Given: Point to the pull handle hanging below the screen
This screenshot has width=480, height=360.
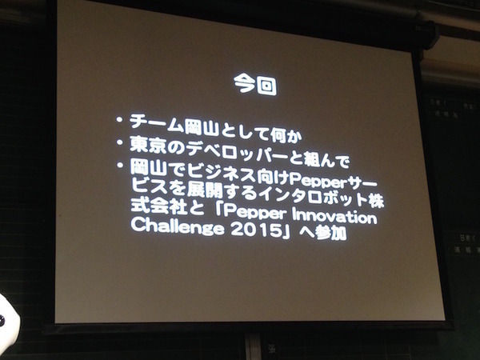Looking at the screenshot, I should tap(254, 346).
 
